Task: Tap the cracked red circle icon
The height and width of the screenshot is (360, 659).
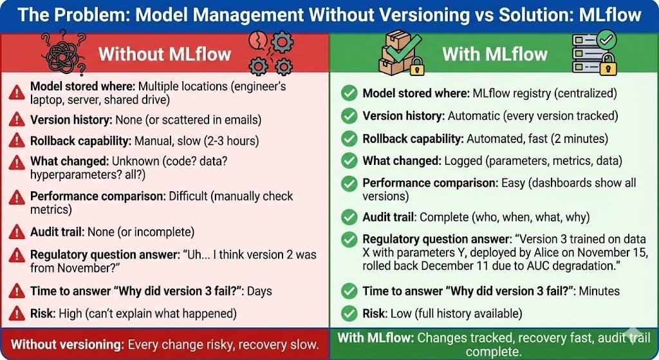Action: point(257,41)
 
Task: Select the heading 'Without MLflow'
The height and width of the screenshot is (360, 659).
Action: point(165,55)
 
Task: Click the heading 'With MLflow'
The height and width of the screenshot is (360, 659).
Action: point(495,55)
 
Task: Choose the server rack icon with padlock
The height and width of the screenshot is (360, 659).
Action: point(594,53)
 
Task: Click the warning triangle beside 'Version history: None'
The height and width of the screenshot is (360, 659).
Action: point(17,119)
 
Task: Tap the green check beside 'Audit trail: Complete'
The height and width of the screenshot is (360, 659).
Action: point(349,217)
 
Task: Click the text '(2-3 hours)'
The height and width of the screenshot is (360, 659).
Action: point(231,141)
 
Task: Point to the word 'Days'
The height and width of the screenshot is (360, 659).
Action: point(259,291)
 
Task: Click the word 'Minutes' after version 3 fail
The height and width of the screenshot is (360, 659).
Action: point(599,291)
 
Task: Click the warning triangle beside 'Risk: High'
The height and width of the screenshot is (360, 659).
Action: point(17,314)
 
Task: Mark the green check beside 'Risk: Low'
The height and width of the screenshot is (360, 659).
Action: point(349,314)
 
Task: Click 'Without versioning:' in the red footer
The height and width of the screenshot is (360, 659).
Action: point(67,345)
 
